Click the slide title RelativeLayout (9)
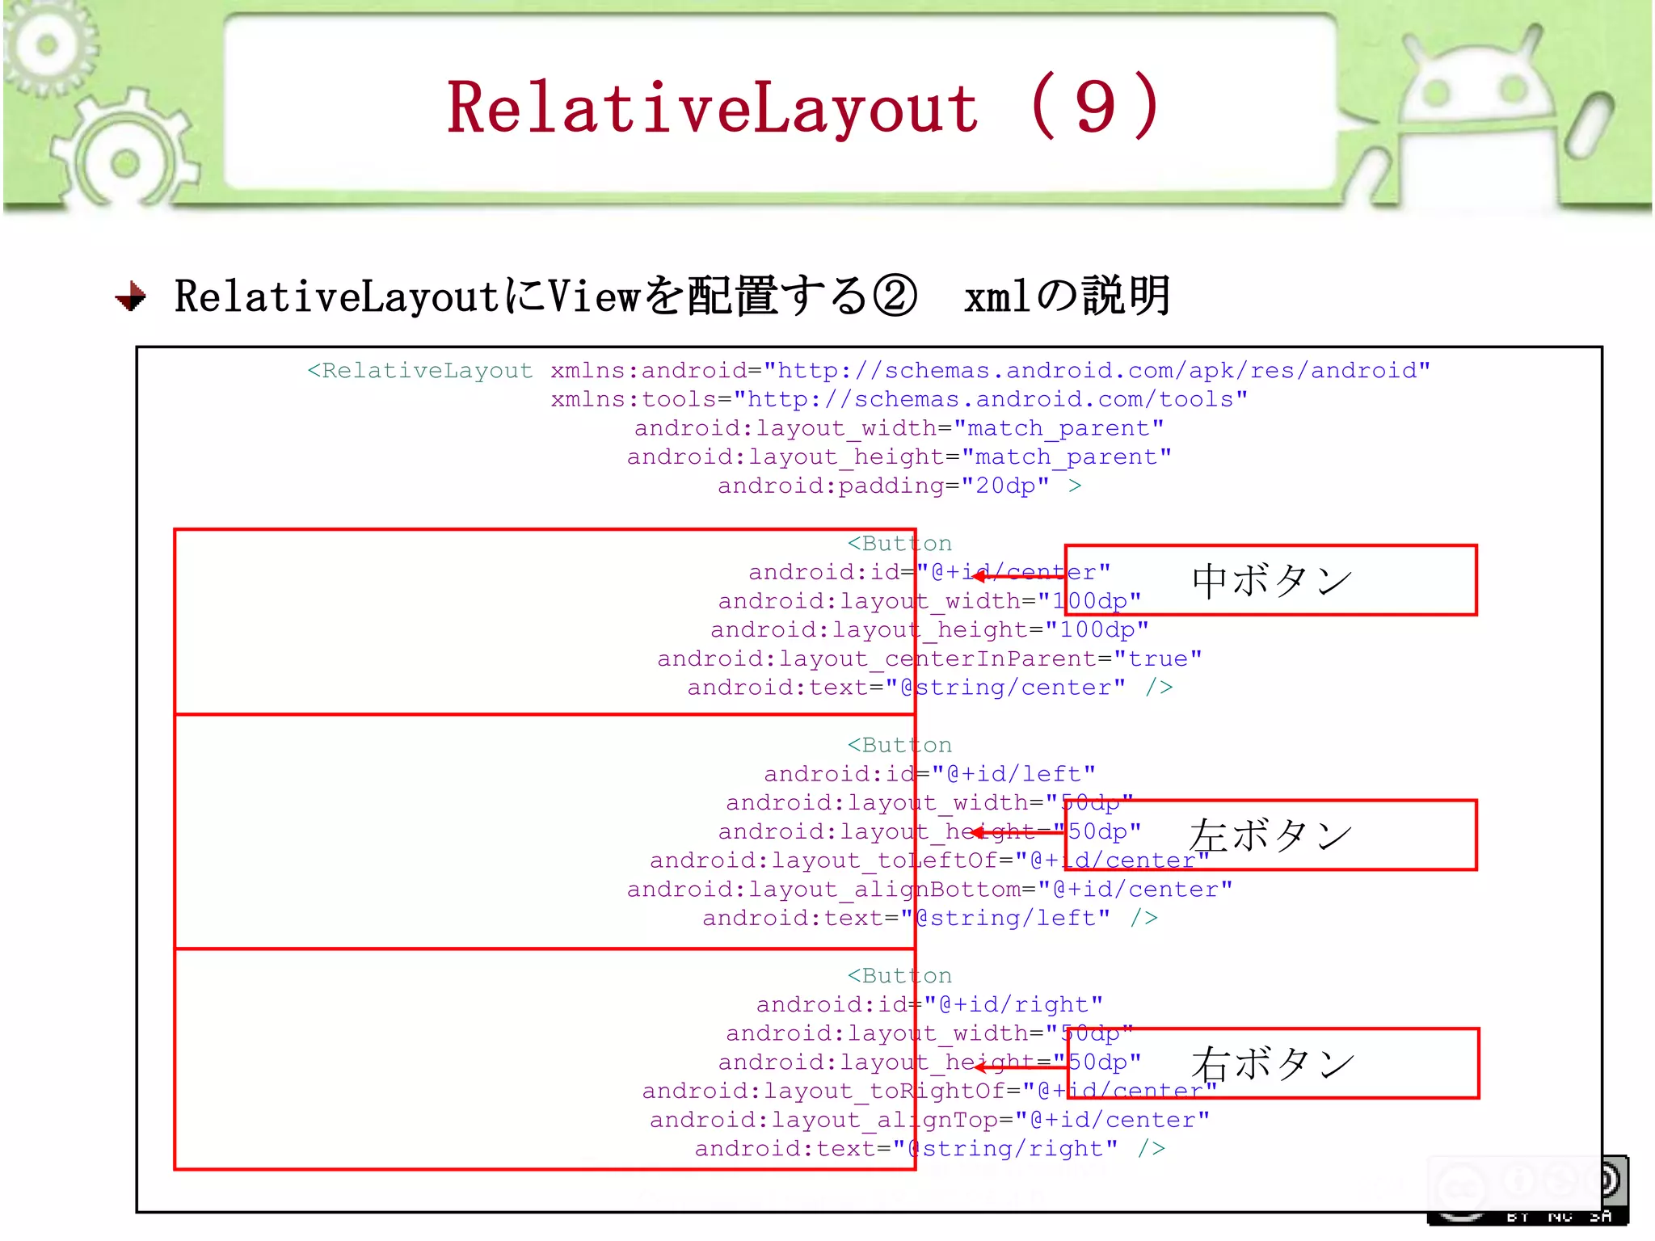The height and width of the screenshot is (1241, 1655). [x=804, y=107]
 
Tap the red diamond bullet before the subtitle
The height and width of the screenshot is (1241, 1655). [x=131, y=297]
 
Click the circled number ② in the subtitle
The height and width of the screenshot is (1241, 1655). [x=895, y=297]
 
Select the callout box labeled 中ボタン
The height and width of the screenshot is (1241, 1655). [x=1270, y=580]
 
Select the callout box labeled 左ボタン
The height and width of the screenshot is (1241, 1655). [x=1270, y=835]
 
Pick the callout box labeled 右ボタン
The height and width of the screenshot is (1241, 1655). [x=1272, y=1063]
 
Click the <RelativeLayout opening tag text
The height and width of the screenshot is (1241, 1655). [x=420, y=371]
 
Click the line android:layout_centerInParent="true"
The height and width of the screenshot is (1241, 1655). [x=929, y=658]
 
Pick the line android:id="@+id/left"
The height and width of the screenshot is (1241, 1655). [x=929, y=774]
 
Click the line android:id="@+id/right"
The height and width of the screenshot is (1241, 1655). [x=929, y=1004]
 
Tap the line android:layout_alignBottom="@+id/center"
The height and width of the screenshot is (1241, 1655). [x=929, y=890]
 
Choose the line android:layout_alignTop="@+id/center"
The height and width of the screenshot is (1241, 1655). [x=929, y=1120]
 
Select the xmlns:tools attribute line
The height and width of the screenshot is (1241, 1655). [x=899, y=399]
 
